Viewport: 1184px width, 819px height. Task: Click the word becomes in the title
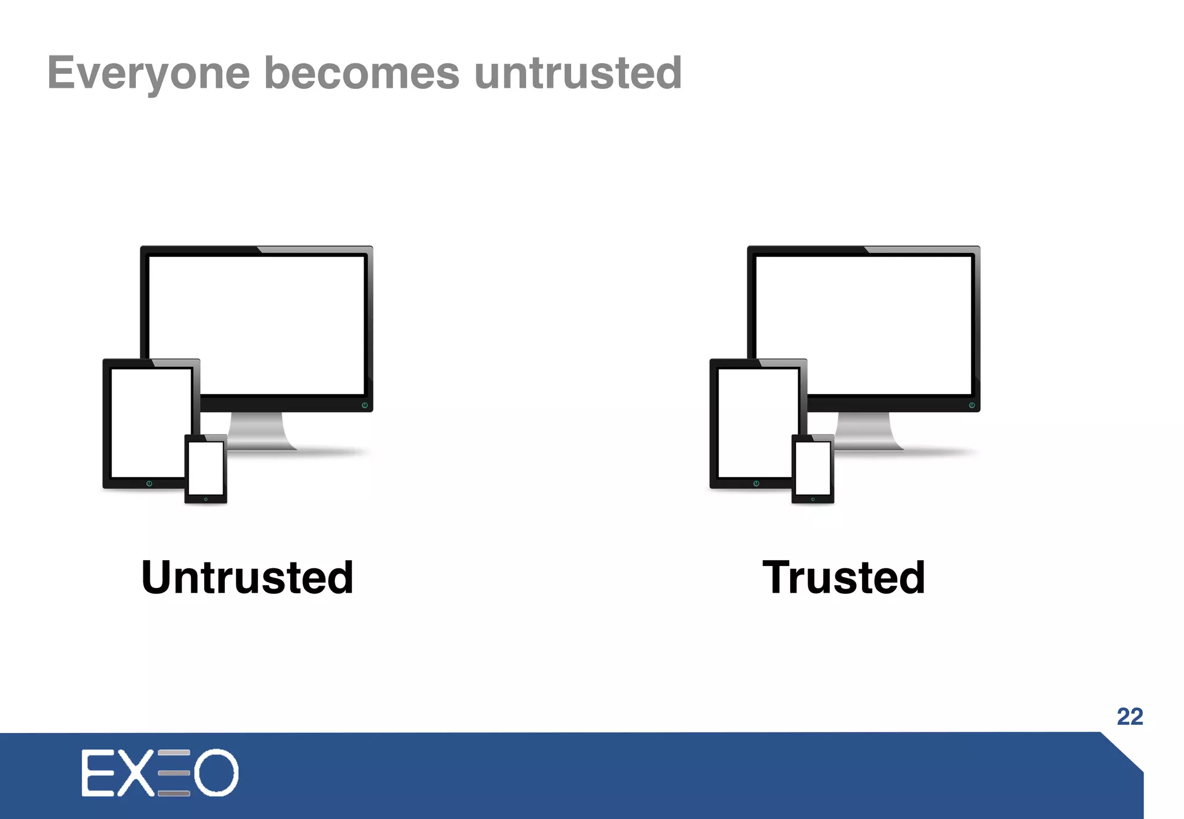(x=362, y=73)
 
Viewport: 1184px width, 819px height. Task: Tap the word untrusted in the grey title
(x=578, y=73)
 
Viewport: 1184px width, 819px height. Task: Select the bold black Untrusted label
(x=247, y=578)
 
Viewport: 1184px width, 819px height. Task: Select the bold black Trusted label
(x=843, y=578)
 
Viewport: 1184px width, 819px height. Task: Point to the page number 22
(x=1130, y=717)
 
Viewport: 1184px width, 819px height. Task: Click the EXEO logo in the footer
(x=160, y=773)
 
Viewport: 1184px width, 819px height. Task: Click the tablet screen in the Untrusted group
(x=150, y=422)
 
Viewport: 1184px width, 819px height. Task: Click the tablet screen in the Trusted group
(x=757, y=422)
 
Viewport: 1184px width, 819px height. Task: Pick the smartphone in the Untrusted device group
(x=206, y=469)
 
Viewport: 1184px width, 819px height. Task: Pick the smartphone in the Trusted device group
(x=813, y=469)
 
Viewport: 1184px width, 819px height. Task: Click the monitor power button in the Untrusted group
(x=365, y=405)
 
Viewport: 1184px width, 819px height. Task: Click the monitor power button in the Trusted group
(x=972, y=405)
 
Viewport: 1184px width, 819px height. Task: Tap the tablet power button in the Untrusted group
(x=149, y=483)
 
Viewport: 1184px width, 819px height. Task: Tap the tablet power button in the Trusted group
(x=756, y=483)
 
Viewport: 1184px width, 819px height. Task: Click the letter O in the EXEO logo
(x=216, y=773)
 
